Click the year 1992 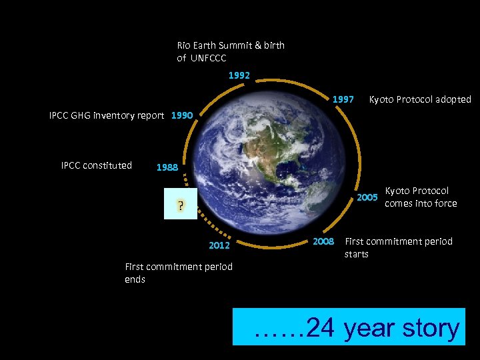click(x=239, y=76)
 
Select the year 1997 click(x=343, y=99)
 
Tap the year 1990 click(x=182, y=115)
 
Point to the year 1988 click(x=167, y=167)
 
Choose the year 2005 click(x=367, y=197)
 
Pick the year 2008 click(x=323, y=241)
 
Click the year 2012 click(x=219, y=245)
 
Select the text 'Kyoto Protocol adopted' click(x=420, y=99)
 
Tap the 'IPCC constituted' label click(x=97, y=165)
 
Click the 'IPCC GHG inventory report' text click(x=107, y=115)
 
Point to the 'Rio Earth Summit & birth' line click(x=231, y=45)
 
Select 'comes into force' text click(x=421, y=203)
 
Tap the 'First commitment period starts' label click(x=398, y=247)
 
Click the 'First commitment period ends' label click(x=179, y=273)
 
